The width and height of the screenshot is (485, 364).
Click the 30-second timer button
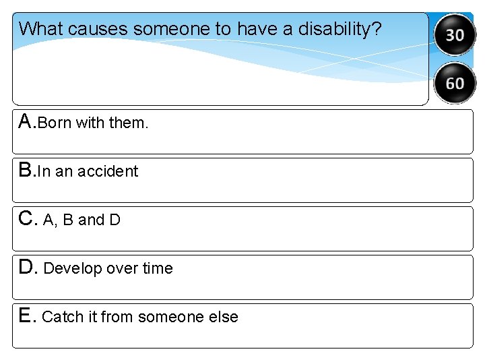tap(455, 34)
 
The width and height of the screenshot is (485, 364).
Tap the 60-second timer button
tap(455, 83)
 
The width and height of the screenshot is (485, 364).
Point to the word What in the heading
tap(41, 30)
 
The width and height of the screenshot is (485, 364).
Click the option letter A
tap(26, 122)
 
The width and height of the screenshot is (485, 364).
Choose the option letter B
tap(26, 171)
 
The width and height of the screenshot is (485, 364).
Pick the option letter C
tap(27, 219)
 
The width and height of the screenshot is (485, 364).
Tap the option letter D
tap(27, 268)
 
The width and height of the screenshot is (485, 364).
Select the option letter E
tap(26, 316)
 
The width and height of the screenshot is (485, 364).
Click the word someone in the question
tap(166, 30)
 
